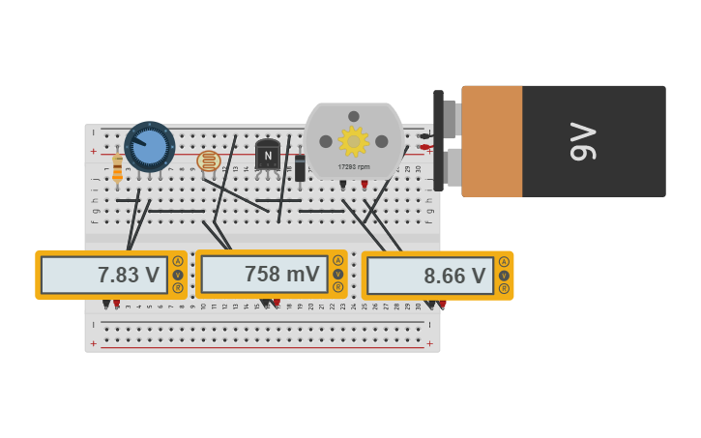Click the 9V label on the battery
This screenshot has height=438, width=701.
tap(583, 141)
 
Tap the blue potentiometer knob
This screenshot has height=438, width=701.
tap(150, 147)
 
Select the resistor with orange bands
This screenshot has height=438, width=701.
tap(118, 168)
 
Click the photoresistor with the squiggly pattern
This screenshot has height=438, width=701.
tap(208, 161)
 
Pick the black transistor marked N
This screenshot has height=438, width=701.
tap(268, 155)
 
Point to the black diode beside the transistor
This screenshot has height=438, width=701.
tap(300, 168)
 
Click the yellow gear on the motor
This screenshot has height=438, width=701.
tap(354, 141)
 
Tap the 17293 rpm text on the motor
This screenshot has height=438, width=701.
tap(354, 166)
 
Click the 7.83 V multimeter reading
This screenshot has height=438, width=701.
tap(128, 275)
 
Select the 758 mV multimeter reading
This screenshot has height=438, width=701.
tap(281, 274)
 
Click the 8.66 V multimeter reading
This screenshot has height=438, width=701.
tap(454, 276)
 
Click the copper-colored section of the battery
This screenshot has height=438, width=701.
tap(492, 141)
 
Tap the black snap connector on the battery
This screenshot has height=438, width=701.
tap(439, 140)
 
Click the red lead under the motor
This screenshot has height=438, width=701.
tap(365, 184)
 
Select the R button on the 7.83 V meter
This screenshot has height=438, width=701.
tap(178, 288)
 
